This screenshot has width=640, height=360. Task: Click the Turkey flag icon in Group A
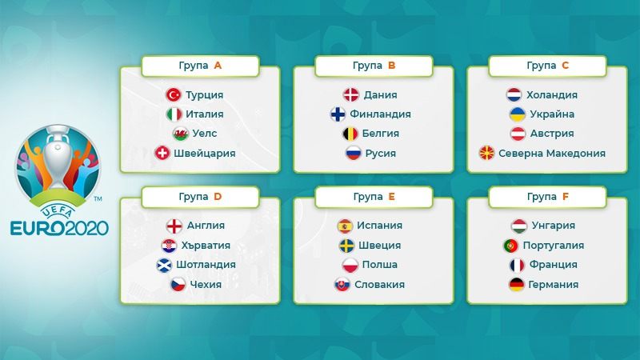174,94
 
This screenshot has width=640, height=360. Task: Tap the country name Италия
205,114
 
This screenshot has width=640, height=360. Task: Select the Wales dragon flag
181,134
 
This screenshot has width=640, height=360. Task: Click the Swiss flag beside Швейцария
162,153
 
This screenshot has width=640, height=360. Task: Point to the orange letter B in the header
391,66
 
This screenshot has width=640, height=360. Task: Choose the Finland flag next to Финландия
338,114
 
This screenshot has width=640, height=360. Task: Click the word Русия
381,154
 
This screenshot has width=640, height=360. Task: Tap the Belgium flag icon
350,134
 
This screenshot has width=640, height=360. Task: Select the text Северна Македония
552,154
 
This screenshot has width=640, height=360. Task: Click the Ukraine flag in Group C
518,114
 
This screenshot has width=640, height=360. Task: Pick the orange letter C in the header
566,66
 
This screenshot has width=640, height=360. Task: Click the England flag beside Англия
174,226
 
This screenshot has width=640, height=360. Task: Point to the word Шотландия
206,265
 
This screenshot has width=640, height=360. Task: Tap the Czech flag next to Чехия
178,285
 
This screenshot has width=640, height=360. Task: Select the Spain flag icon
345,226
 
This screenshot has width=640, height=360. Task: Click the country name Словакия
379,285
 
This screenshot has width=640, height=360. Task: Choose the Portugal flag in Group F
510,246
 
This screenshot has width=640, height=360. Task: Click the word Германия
554,285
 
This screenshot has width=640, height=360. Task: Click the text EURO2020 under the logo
59,228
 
